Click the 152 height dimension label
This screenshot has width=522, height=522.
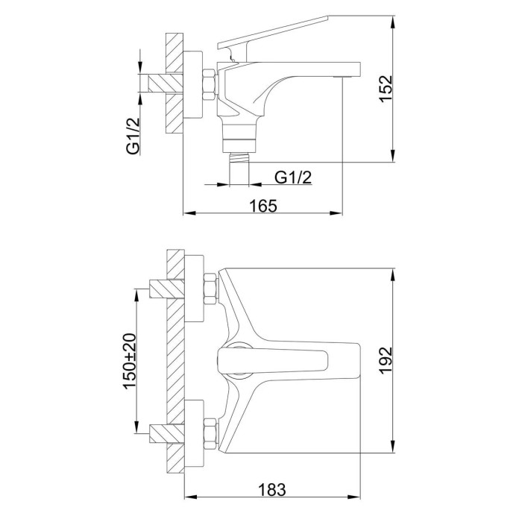pyautogui.click(x=386, y=89)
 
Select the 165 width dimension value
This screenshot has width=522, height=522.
pyautogui.click(x=263, y=206)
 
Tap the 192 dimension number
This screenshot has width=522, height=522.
pyautogui.click(x=386, y=360)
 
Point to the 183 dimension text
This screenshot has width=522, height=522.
pyautogui.click(x=272, y=490)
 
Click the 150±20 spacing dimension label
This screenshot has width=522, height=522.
pyautogui.click(x=130, y=361)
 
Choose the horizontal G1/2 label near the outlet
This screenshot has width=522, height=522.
pyautogui.click(x=293, y=177)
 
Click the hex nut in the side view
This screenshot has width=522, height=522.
pyautogui.click(x=210, y=84)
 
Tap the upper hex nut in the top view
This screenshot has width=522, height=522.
pyautogui.click(x=210, y=289)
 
